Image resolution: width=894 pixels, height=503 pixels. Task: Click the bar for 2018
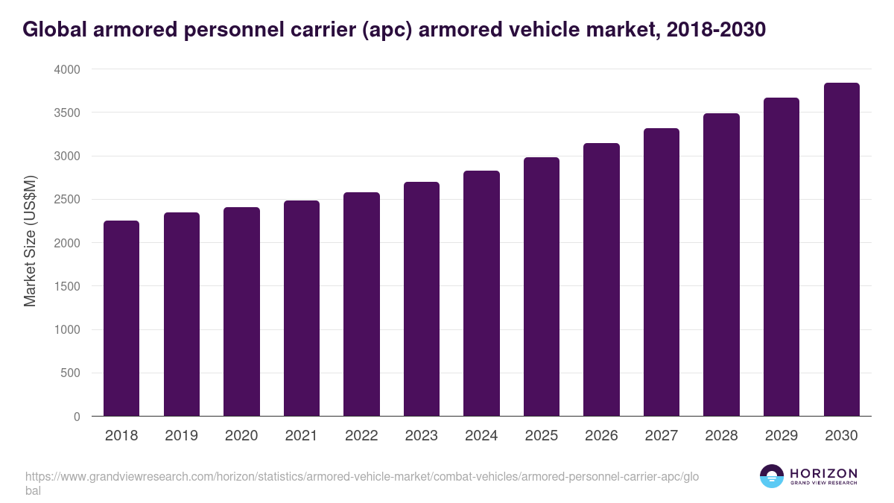121,318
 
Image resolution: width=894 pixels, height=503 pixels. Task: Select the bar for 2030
841,250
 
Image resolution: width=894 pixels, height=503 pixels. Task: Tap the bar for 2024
481,294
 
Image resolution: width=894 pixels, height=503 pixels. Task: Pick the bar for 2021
302,309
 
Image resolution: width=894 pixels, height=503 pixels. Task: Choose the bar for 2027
662,272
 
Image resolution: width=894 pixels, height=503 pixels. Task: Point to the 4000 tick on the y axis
66,69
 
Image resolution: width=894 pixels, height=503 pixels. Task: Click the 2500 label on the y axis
66,200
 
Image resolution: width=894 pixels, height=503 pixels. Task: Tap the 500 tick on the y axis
71,373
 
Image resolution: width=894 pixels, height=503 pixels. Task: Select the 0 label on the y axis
77,417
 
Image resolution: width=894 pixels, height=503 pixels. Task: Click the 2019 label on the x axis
182,436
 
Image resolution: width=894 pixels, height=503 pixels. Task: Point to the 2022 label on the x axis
361,436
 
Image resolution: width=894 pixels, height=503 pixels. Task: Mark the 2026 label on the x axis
601,436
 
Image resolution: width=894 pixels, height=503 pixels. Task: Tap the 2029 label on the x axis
782,436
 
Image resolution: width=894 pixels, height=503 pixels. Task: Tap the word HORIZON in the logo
823,473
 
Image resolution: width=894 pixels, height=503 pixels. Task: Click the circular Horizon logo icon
772,476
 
